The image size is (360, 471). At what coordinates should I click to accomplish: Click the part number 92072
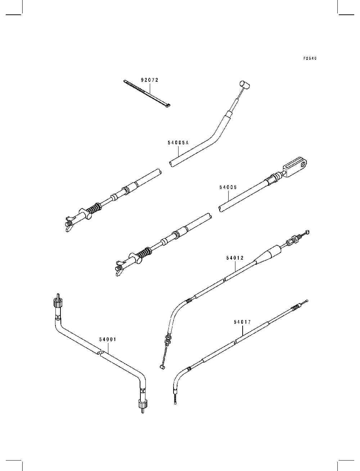(149, 80)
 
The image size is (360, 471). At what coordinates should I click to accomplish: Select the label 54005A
(178, 143)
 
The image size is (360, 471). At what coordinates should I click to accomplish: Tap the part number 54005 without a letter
(228, 188)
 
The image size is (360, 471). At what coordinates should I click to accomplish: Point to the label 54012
(235, 258)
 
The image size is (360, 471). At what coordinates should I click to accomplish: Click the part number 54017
(242, 322)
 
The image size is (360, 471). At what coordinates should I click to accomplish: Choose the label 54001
(108, 339)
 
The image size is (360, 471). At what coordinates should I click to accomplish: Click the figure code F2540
(310, 58)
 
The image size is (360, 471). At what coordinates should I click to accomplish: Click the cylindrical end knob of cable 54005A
(245, 84)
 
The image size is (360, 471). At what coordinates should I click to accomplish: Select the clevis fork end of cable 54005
(296, 166)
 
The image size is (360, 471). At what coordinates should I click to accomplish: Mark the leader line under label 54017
(242, 331)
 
